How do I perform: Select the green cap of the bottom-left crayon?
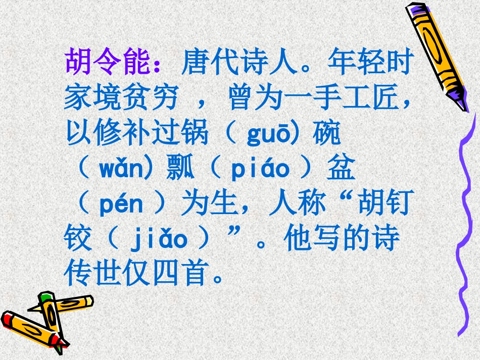point(46,298)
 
